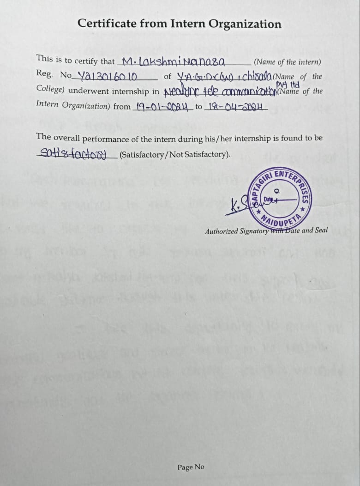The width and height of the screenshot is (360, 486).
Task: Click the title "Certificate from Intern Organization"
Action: click(x=179, y=24)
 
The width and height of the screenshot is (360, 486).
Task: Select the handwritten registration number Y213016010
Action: click(x=107, y=75)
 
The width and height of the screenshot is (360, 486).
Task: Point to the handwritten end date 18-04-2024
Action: click(x=235, y=107)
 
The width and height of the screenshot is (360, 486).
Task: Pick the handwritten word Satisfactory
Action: click(x=73, y=153)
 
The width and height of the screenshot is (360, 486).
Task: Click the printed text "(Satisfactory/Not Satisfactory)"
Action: click(x=175, y=154)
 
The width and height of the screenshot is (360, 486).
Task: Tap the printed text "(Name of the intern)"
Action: click(x=288, y=62)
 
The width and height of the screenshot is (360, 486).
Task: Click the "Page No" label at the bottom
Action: click(x=191, y=467)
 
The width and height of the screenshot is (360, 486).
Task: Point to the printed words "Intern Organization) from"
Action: click(x=83, y=105)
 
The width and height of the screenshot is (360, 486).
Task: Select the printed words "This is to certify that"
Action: click(x=76, y=59)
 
